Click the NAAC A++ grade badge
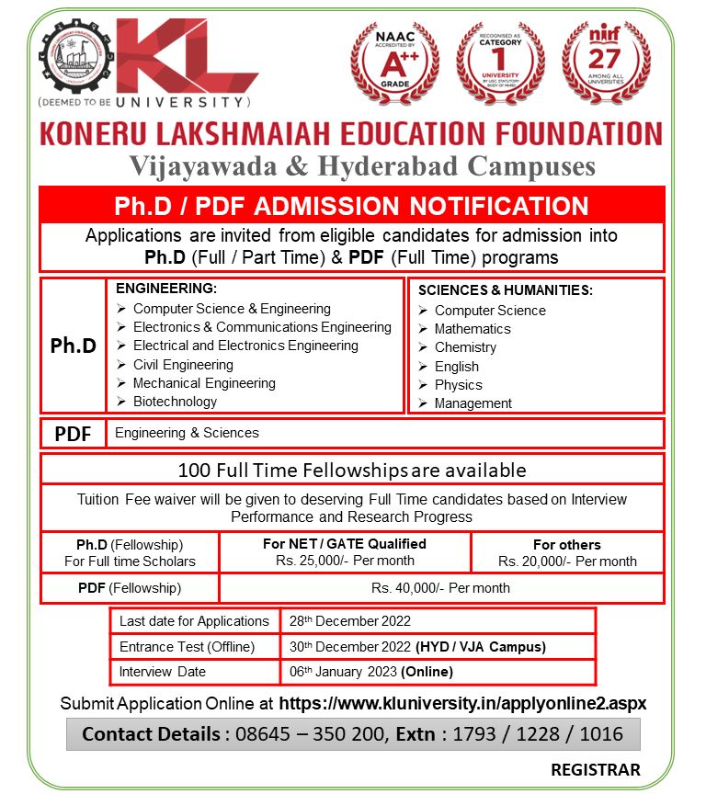tap(395, 64)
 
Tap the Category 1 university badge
tap(501, 64)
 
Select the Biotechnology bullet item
tap(175, 402)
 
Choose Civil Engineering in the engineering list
tap(183, 365)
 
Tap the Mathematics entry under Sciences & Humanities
tap(473, 329)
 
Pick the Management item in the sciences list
tap(473, 403)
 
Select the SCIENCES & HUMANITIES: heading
tap(506, 290)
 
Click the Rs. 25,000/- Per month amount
tap(345, 561)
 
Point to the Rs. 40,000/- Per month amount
tap(440, 588)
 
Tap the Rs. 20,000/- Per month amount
tap(567, 561)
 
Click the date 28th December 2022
tap(349, 621)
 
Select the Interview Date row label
tap(163, 672)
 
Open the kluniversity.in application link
tap(462, 703)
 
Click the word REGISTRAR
tap(596, 769)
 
